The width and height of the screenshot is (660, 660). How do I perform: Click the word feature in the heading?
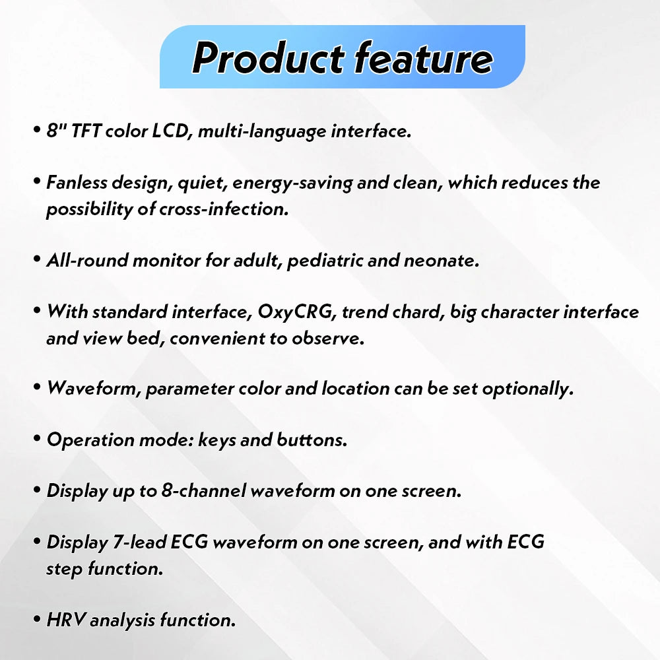click(423, 58)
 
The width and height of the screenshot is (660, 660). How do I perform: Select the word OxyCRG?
click(300, 312)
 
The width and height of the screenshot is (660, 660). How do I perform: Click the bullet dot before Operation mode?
click(37, 439)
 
